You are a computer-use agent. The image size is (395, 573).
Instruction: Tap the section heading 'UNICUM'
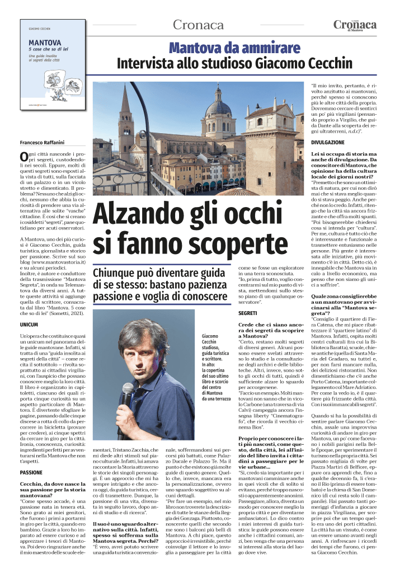click(29, 324)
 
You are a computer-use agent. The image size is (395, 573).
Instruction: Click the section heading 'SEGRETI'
click(247, 313)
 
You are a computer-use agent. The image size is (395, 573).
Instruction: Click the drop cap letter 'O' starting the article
click(23, 157)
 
